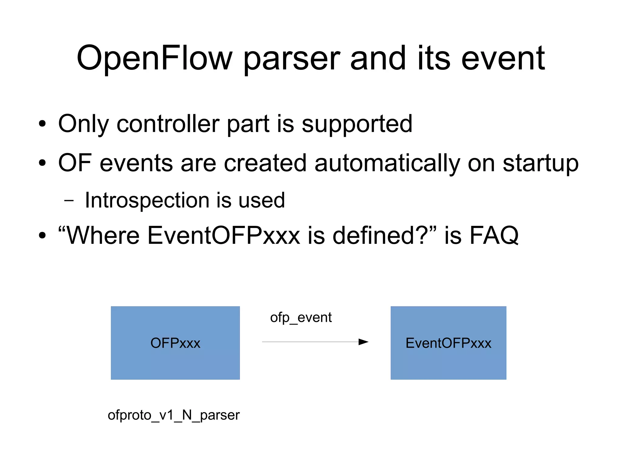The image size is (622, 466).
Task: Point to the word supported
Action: tap(357, 124)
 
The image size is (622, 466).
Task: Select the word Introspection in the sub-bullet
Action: tap(147, 200)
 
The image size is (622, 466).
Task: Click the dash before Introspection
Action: tap(69, 201)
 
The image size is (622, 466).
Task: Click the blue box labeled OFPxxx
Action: tap(175, 343)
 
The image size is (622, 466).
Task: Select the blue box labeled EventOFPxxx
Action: tap(448, 343)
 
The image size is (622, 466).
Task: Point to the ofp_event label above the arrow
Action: tap(301, 318)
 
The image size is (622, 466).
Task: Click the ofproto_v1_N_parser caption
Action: tap(173, 415)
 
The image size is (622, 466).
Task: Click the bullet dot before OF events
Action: tap(42, 163)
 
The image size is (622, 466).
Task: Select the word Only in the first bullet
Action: tap(83, 124)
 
